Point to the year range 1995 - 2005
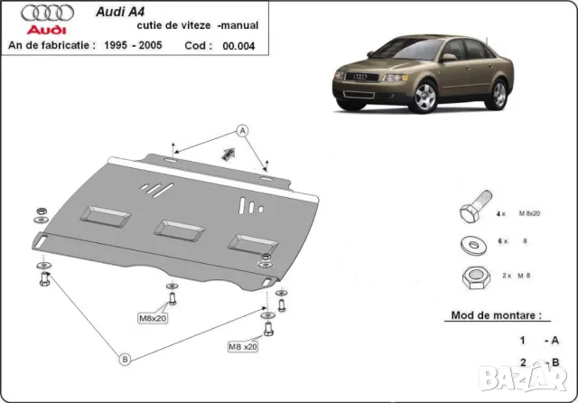127,45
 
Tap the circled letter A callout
242,131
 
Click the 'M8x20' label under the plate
154,318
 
